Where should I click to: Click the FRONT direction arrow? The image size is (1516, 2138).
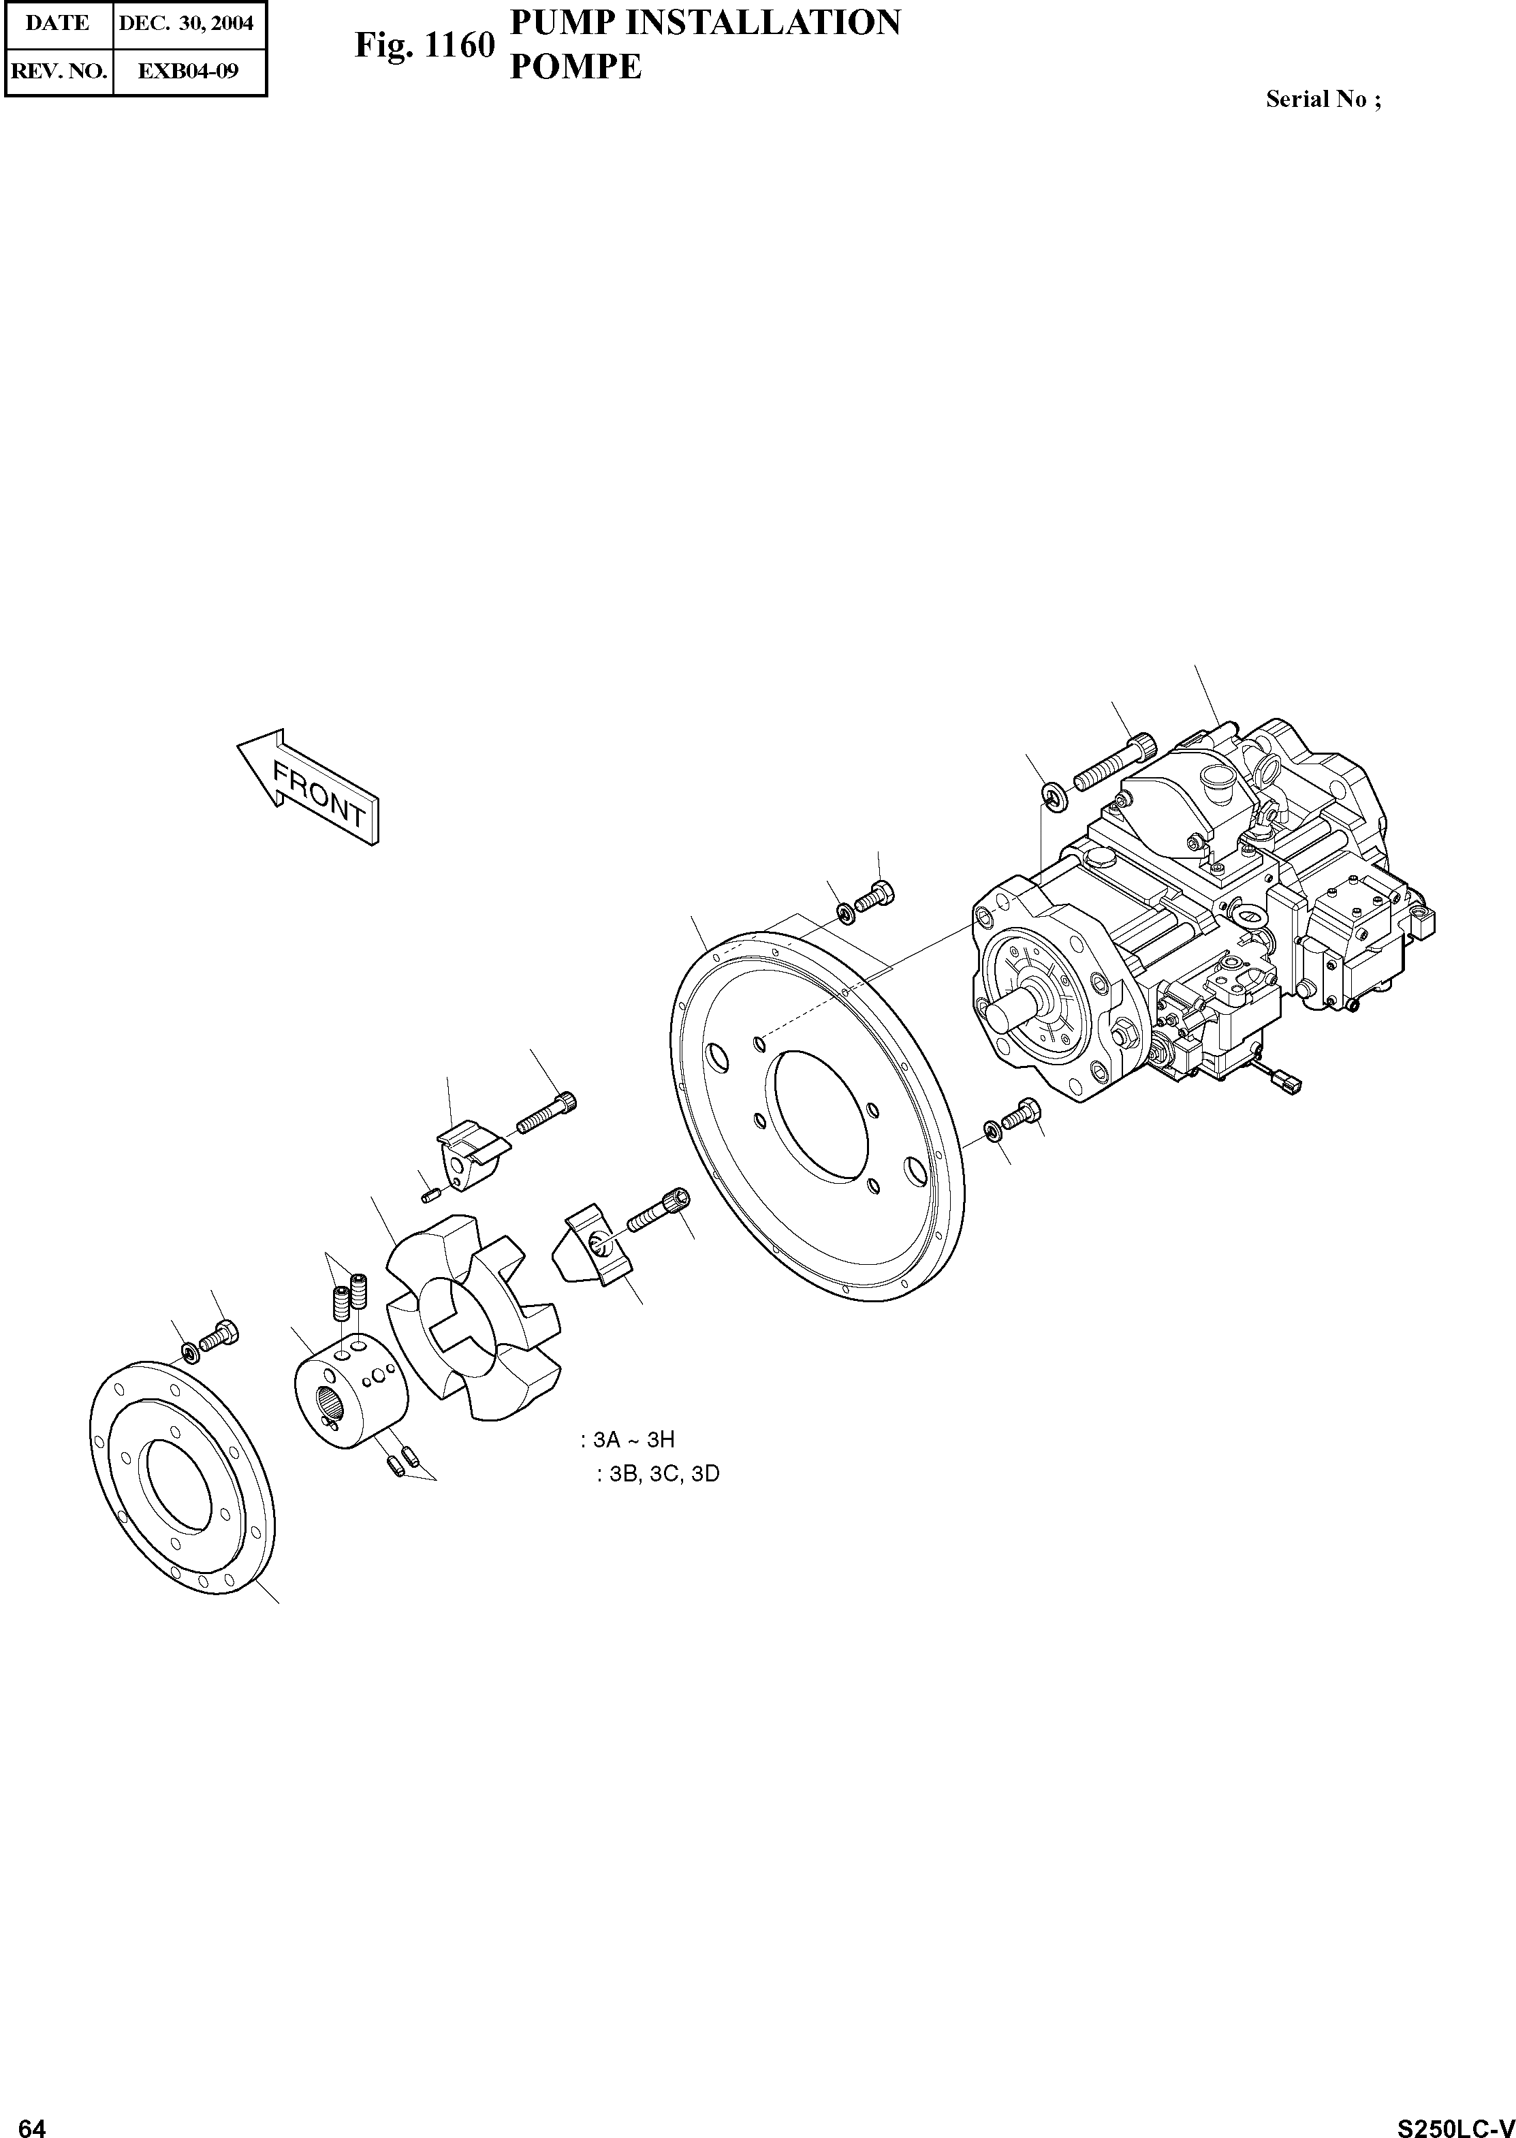coord(308,787)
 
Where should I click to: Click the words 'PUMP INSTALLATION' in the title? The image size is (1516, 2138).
coord(705,22)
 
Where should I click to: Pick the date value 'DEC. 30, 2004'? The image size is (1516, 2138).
coord(187,23)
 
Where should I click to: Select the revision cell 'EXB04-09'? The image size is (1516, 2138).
coord(188,71)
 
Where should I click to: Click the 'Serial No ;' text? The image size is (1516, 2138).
coord(1323,100)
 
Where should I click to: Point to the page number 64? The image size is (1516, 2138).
coord(33,2121)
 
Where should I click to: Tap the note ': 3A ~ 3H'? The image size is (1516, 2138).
coord(627,1440)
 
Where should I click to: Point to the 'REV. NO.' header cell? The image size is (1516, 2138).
coord(58,71)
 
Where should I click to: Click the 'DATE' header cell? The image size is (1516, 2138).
coord(58,23)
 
